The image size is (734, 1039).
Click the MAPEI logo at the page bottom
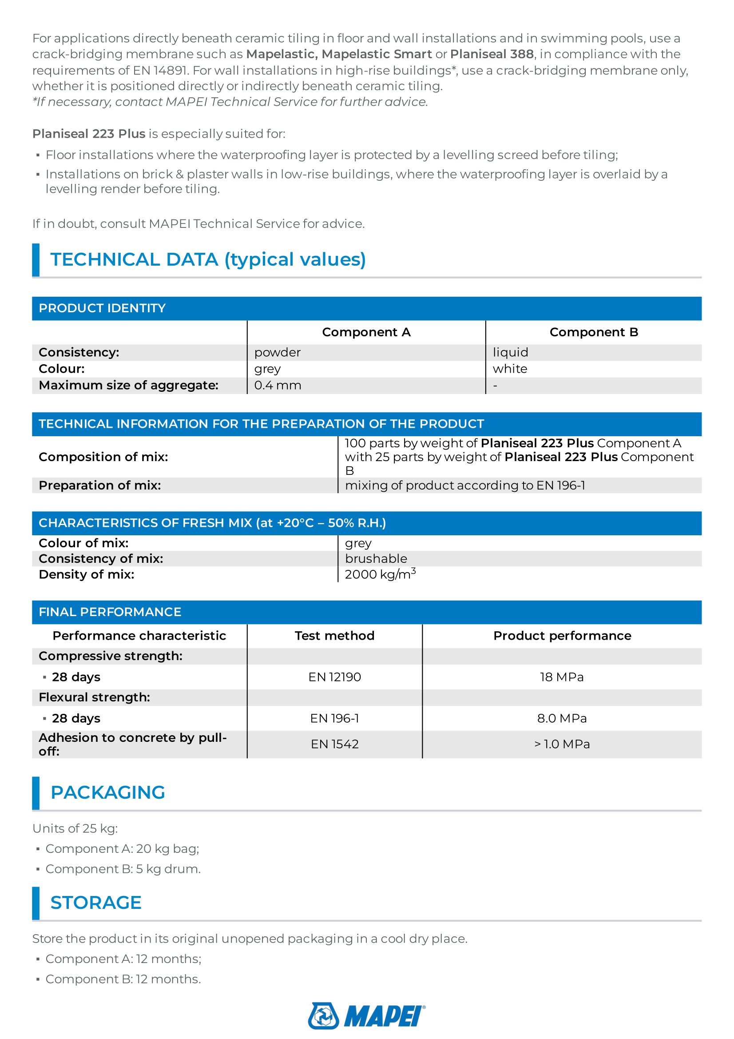pos(366,1016)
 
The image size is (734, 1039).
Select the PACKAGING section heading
pos(107,792)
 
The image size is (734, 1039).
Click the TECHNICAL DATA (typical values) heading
pos(208,259)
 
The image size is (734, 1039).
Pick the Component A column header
pos(366,332)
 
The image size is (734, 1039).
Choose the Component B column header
pos(593,332)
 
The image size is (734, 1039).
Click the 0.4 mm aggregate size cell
pos(278,386)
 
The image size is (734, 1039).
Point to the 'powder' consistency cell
pos(277,353)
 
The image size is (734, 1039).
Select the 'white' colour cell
pos(510,369)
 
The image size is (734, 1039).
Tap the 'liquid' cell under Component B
pos(510,353)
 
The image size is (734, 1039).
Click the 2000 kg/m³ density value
pos(380,574)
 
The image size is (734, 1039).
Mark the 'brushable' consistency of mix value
pos(376,559)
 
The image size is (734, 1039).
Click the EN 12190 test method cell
pos(335,677)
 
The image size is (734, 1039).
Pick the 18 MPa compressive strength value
pos(562,677)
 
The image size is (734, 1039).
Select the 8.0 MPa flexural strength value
pos(562,718)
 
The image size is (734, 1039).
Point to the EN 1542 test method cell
pos(335,744)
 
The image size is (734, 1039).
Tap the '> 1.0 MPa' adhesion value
pos(562,744)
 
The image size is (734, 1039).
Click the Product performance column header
pos(562,636)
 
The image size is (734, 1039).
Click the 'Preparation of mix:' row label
pos(100,486)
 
